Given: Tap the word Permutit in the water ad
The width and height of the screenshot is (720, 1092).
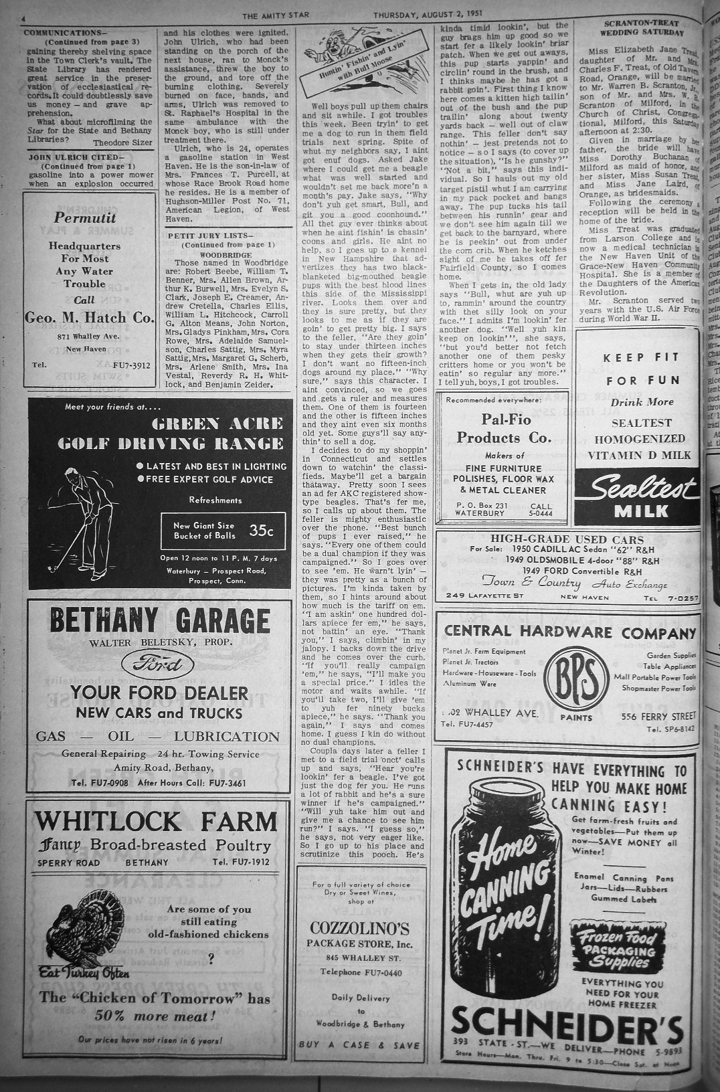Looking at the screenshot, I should pyautogui.click(x=85, y=218).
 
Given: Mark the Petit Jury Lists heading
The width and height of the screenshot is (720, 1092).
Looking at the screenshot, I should pyautogui.click(x=210, y=236).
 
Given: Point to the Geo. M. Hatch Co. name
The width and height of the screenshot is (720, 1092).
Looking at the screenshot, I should pyautogui.click(x=89, y=318).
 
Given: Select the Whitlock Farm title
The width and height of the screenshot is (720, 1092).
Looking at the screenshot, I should pyautogui.click(x=157, y=821).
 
